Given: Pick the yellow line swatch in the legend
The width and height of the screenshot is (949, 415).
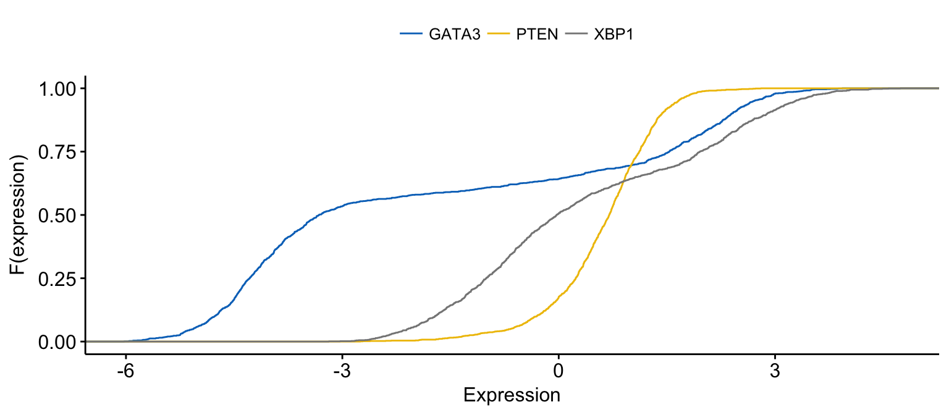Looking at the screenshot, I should point(498,35).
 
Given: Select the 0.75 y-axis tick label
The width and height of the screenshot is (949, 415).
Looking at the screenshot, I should point(57,152).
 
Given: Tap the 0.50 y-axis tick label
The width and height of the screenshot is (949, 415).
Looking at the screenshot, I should point(57,216).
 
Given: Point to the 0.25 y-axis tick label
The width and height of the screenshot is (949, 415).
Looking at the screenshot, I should point(57,279).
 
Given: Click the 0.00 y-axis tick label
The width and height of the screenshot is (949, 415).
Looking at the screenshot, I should point(57,342).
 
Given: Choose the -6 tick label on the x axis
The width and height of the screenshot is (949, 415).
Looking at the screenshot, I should point(125,372).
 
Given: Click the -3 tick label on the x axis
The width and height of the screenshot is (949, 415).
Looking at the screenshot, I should point(342,372).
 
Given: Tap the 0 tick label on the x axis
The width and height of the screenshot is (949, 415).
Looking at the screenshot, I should point(559,372).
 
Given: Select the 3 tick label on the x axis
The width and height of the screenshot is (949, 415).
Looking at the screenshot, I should point(775,372).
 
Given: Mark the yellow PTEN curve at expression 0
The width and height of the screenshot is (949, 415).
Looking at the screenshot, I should point(559,296).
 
